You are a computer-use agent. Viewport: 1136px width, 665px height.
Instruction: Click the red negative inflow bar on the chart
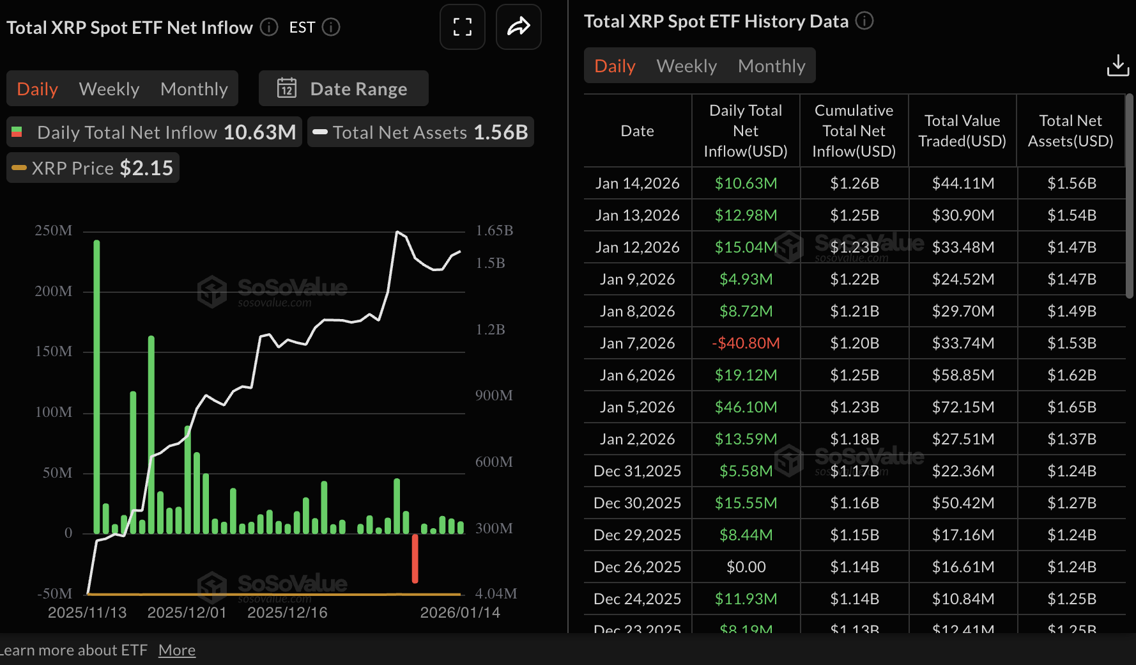click(x=415, y=558)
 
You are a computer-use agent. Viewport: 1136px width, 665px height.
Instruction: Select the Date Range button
click(x=343, y=89)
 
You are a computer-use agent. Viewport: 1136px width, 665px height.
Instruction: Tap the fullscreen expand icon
click(x=463, y=27)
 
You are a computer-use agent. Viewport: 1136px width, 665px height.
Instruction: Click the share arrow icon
click(x=518, y=27)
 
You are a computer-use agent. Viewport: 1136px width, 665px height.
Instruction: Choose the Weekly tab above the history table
click(x=686, y=66)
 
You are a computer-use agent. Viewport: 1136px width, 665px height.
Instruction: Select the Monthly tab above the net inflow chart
click(x=194, y=89)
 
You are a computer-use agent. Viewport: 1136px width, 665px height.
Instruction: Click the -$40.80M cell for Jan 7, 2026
click(x=746, y=343)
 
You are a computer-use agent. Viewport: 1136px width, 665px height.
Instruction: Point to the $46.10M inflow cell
click(x=746, y=407)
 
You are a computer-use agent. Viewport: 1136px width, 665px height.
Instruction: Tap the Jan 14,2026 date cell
click(x=637, y=184)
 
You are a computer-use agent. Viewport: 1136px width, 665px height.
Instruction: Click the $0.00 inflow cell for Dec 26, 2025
click(x=746, y=567)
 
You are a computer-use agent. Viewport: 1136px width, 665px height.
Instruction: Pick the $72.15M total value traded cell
click(x=962, y=407)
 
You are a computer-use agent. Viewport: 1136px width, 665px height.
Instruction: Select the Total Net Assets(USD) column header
click(x=1070, y=131)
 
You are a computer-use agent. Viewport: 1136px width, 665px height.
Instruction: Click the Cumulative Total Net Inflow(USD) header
click(x=854, y=131)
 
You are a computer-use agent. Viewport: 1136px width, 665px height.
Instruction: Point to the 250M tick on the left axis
click(x=54, y=231)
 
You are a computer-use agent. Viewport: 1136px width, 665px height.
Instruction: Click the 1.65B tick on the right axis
click(x=494, y=231)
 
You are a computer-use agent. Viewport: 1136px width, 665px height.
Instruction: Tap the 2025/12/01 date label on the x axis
click(x=187, y=613)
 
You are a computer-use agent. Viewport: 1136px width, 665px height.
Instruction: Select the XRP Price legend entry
click(x=93, y=168)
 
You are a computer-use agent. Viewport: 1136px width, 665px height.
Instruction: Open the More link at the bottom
click(x=177, y=650)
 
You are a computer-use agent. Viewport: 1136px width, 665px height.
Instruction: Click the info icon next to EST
click(x=331, y=27)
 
